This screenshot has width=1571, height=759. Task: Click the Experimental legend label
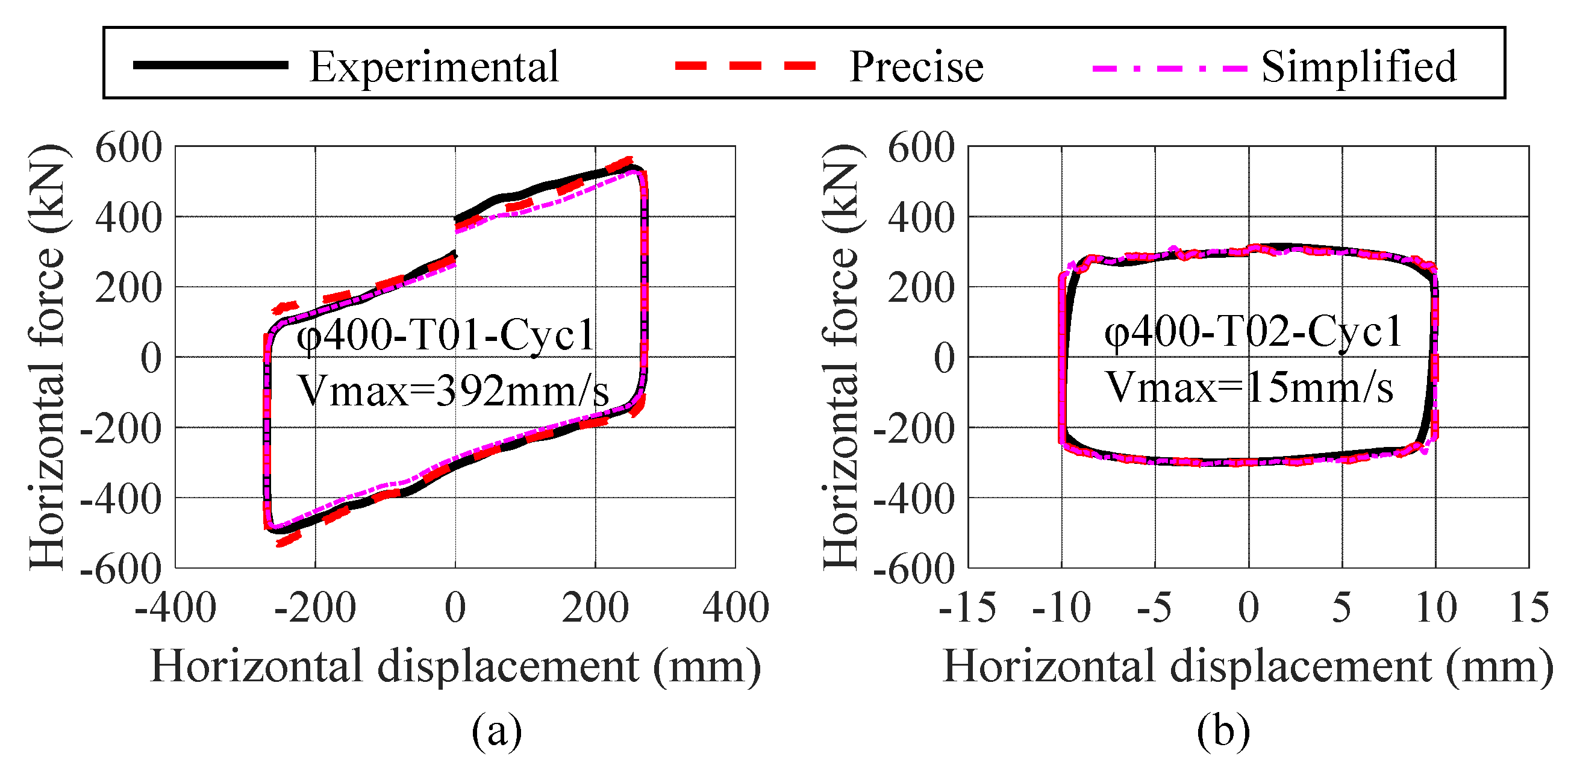(x=434, y=67)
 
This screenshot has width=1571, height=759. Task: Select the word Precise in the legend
(x=916, y=67)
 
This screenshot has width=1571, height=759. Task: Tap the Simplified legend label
(x=1359, y=67)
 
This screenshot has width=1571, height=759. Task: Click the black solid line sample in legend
(x=210, y=65)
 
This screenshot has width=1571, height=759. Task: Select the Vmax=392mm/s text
(x=452, y=390)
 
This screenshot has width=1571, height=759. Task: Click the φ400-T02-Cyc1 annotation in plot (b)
(x=1254, y=333)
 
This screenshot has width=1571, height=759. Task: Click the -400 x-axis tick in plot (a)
(x=176, y=608)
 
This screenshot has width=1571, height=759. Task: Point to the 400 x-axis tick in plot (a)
(x=736, y=608)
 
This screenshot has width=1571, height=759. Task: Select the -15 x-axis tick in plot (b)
(x=967, y=608)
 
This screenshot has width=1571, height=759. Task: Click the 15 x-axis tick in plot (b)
(x=1529, y=608)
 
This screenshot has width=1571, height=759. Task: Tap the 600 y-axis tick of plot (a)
(x=129, y=148)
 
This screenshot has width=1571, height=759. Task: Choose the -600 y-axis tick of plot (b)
(x=914, y=569)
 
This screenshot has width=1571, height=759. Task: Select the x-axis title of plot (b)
(x=1248, y=667)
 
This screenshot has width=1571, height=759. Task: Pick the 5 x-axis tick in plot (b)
(x=1341, y=608)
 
